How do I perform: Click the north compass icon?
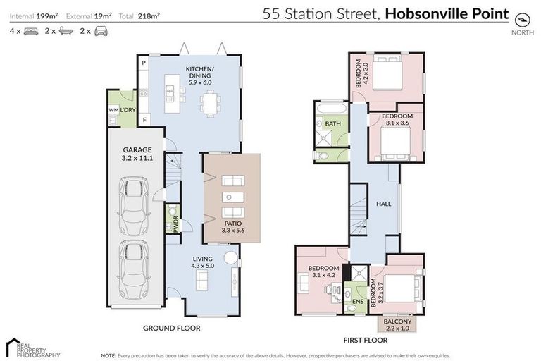[522, 19]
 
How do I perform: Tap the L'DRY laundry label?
[128, 111]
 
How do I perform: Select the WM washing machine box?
[113, 111]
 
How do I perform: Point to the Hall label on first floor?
[384, 204]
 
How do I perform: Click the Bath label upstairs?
[333, 124]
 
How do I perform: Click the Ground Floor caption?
[172, 328]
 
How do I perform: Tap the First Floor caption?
[362, 339]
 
